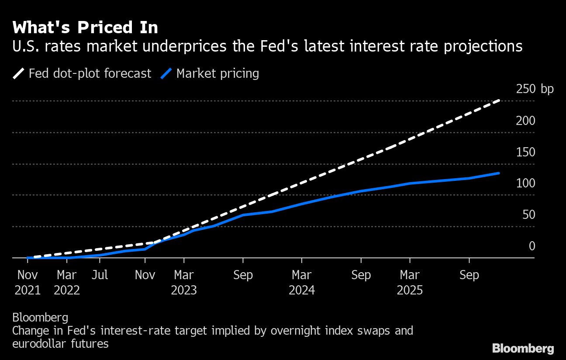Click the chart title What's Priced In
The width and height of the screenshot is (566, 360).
pos(85,28)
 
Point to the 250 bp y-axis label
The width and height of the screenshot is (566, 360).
pos(535,90)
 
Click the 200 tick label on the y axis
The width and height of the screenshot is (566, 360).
pos(525,121)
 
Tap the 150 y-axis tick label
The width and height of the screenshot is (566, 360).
pos(525,152)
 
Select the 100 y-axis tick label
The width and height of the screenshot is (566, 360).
pos(525,183)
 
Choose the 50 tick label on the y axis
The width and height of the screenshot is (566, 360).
pos(528,215)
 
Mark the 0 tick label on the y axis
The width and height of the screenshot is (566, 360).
pos(531,246)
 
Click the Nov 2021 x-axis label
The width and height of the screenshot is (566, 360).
pos(28,282)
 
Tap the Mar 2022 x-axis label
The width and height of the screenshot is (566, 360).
pos(67,282)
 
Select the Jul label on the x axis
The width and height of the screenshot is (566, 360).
pos(100,275)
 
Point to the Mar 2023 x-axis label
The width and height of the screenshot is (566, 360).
pos(184,282)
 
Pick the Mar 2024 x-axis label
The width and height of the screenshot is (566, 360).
pos(302,282)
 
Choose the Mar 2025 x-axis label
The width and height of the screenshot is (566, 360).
pos(410,282)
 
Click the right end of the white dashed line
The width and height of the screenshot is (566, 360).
pos(499,101)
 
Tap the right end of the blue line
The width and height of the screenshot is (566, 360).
pos(499,173)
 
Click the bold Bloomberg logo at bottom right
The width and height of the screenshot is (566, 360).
pos(523,348)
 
